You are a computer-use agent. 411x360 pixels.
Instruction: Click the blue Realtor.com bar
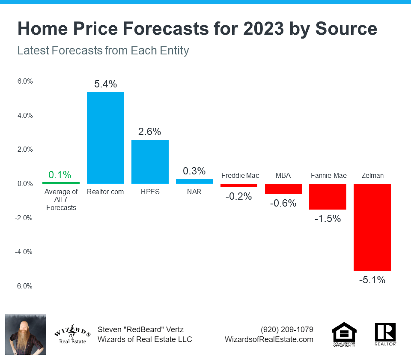pyautogui.click(x=105, y=137)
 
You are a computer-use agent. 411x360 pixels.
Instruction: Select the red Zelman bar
pyautogui.click(x=372, y=227)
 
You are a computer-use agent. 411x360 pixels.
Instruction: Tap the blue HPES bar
pyautogui.click(x=150, y=162)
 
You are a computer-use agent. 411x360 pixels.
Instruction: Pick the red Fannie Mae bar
pyautogui.click(x=328, y=197)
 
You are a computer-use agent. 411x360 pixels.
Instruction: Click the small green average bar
pyautogui.click(x=61, y=182)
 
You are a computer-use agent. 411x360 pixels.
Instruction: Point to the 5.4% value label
pyautogui.click(x=105, y=84)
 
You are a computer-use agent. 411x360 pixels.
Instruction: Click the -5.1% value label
pyautogui.click(x=372, y=280)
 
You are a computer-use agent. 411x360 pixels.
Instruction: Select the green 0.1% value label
pyautogui.click(x=60, y=174)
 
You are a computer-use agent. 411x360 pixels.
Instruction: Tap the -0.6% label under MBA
pyautogui.click(x=283, y=203)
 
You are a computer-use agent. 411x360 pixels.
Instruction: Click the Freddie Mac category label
pyautogui.click(x=240, y=175)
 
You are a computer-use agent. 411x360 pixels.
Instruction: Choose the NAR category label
pyautogui.click(x=194, y=192)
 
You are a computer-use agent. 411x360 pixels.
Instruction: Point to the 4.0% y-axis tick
pyautogui.click(x=25, y=115)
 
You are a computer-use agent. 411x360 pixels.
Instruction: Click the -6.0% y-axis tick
pyautogui.click(x=24, y=286)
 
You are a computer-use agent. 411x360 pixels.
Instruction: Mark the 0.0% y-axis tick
pyautogui.click(x=25, y=183)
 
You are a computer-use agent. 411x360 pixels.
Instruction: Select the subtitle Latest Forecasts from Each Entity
pyautogui.click(x=103, y=51)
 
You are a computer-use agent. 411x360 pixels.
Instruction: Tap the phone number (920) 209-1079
pyautogui.click(x=287, y=330)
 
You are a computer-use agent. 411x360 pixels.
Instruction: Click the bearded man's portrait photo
pyautogui.click(x=25, y=334)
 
